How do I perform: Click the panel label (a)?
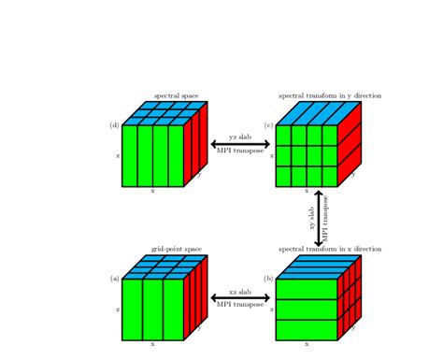pyautogui.click(x=115, y=279)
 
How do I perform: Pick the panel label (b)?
pyautogui.click(x=269, y=279)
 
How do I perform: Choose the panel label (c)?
pyautogui.click(x=269, y=125)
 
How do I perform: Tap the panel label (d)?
pyautogui.click(x=115, y=125)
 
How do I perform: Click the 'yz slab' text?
pyautogui.click(x=240, y=137)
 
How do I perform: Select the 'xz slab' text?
pyautogui.click(x=240, y=291)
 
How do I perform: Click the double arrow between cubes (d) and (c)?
pyautogui.click(x=240, y=144)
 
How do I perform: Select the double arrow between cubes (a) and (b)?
pyautogui.click(x=240, y=298)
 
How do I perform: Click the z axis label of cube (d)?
pyautogui.click(x=118, y=156)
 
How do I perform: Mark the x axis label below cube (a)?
pyautogui.click(x=152, y=344)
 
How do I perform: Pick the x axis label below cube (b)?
pyautogui.click(x=307, y=344)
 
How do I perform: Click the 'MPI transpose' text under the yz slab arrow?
pyautogui.click(x=240, y=151)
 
